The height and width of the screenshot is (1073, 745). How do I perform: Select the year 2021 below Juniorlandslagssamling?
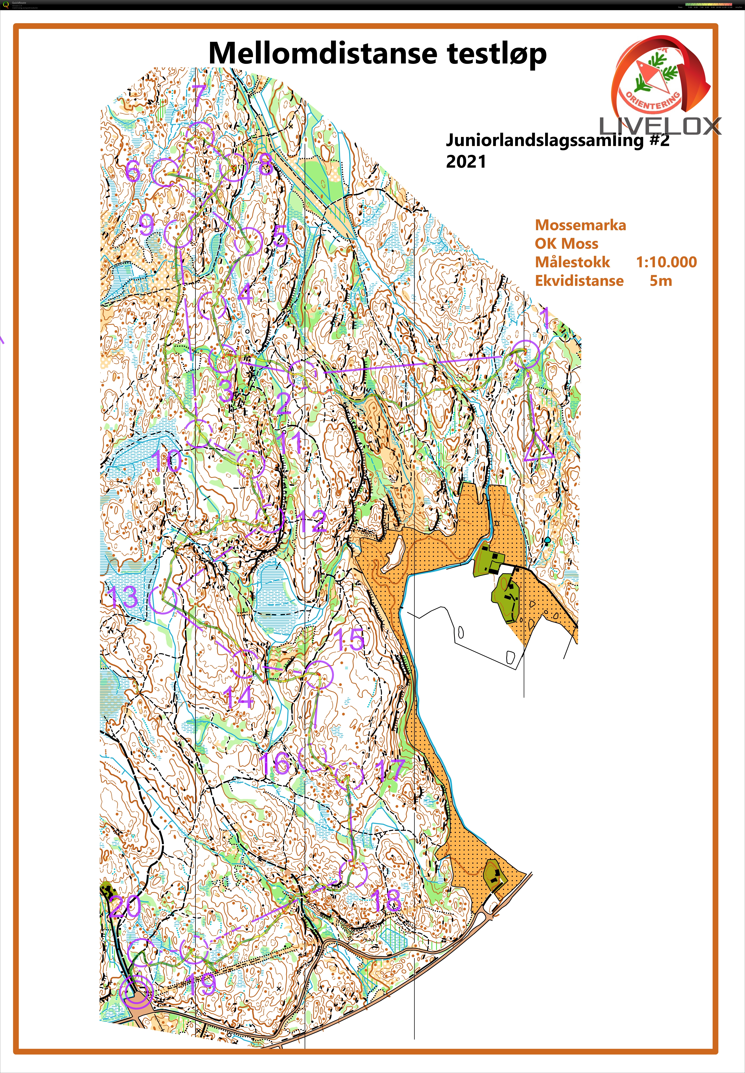[466, 162]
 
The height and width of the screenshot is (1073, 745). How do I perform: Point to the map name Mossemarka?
[580, 225]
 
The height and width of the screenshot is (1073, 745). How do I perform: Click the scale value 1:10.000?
[666, 262]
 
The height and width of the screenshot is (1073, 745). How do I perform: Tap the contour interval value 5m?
[660, 281]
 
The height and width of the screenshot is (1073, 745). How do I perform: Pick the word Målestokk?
[572, 262]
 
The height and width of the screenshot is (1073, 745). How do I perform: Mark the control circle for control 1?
[526, 354]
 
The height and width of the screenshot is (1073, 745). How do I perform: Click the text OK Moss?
[566, 243]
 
